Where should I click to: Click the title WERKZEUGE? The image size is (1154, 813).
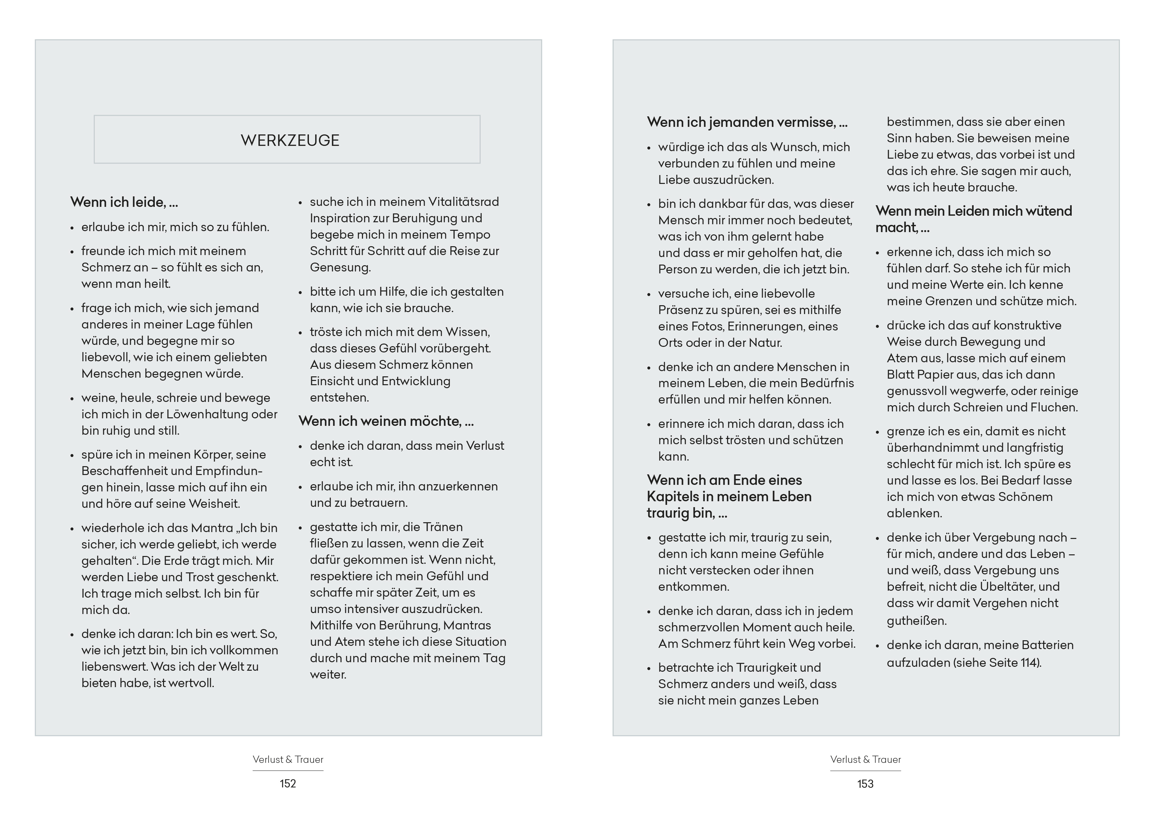(x=290, y=140)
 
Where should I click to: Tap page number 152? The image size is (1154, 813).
(x=288, y=783)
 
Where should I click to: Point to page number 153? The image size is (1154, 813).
(x=865, y=783)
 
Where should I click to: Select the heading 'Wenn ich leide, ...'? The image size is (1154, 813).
(x=124, y=202)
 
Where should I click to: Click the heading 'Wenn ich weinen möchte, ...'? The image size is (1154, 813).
(x=386, y=421)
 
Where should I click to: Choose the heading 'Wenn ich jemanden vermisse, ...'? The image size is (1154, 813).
(x=747, y=122)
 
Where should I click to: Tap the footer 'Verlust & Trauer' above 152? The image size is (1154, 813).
(x=288, y=759)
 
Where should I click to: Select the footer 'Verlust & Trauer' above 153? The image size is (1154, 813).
(x=865, y=759)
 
